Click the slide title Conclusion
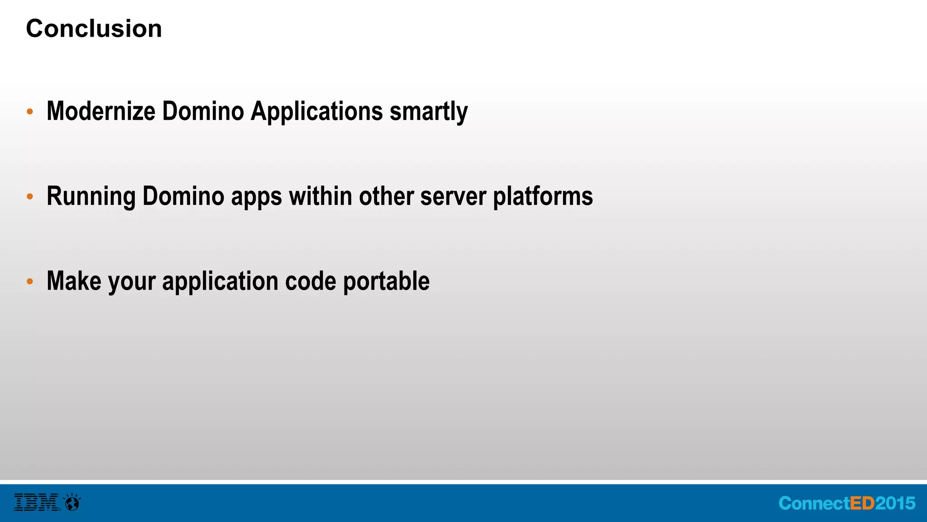click(94, 29)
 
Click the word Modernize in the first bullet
click(101, 111)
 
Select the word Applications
click(317, 111)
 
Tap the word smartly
click(429, 111)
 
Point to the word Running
click(91, 196)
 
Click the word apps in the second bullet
click(257, 197)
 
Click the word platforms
click(543, 196)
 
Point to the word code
click(311, 281)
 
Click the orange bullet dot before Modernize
click(30, 111)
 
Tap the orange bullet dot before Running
click(30, 197)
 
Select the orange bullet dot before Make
click(30, 281)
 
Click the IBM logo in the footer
click(36, 503)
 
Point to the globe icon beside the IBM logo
click(72, 503)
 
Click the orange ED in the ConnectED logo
click(862, 503)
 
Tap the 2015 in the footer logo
click(895, 503)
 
